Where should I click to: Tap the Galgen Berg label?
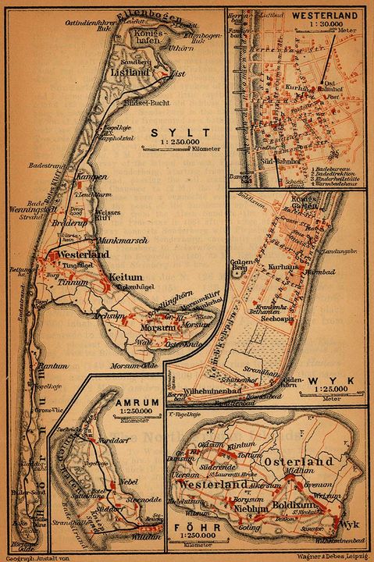click(238, 267)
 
